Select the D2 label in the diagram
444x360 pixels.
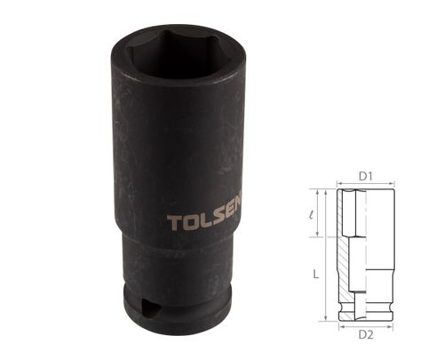pyautogui.click(x=363, y=335)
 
